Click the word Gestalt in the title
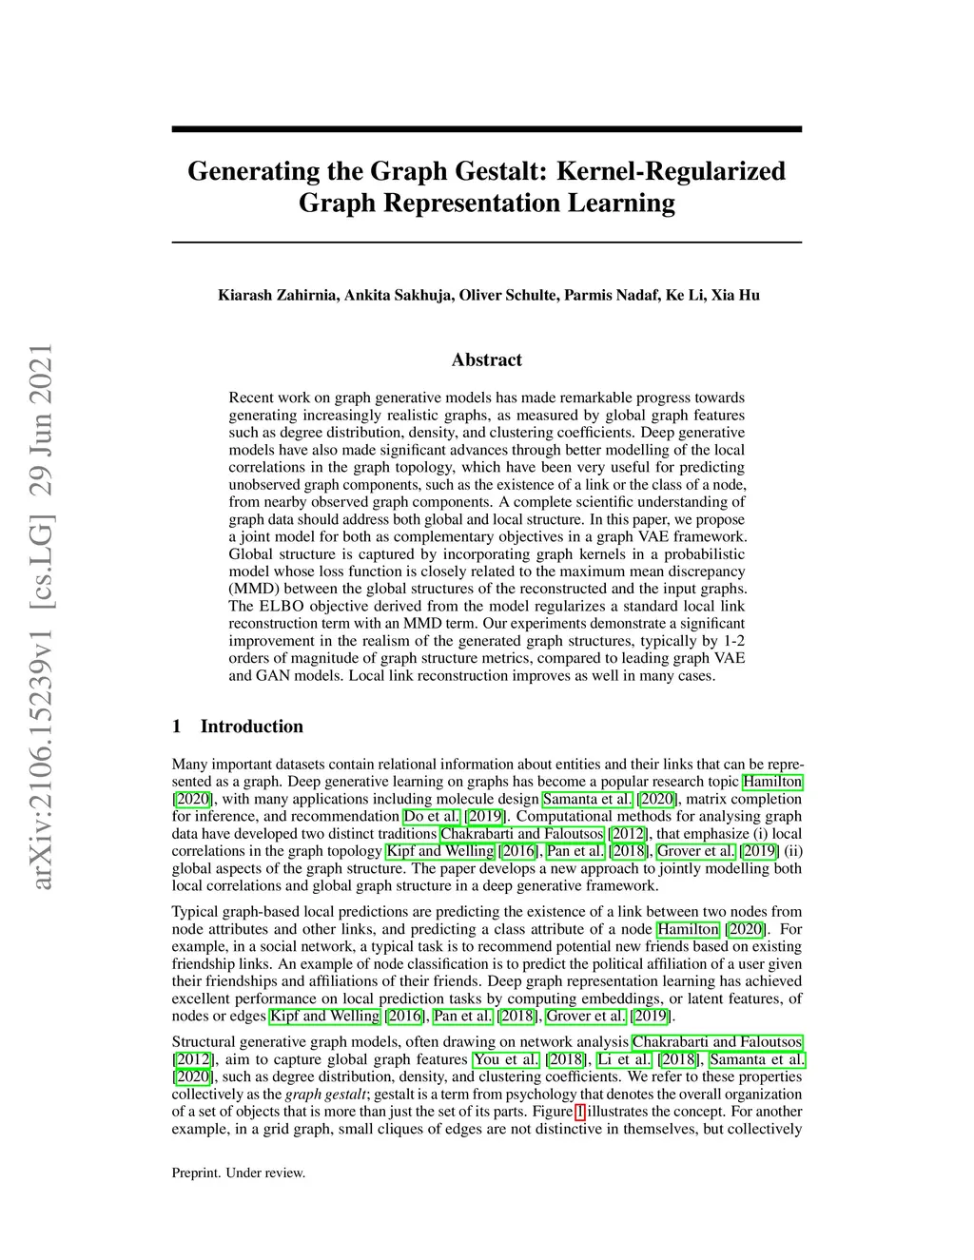tap(497, 171)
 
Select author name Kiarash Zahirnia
tap(277, 295)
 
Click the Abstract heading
tap(487, 359)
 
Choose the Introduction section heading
tap(251, 727)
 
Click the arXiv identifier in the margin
tap(41, 618)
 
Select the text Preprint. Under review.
tap(239, 1173)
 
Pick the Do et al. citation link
tap(432, 817)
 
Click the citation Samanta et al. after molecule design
tap(587, 799)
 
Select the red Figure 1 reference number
tap(580, 1112)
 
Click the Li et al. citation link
tap(624, 1059)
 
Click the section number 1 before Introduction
tap(177, 727)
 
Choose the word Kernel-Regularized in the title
tap(671, 171)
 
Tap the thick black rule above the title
tap(487, 128)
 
